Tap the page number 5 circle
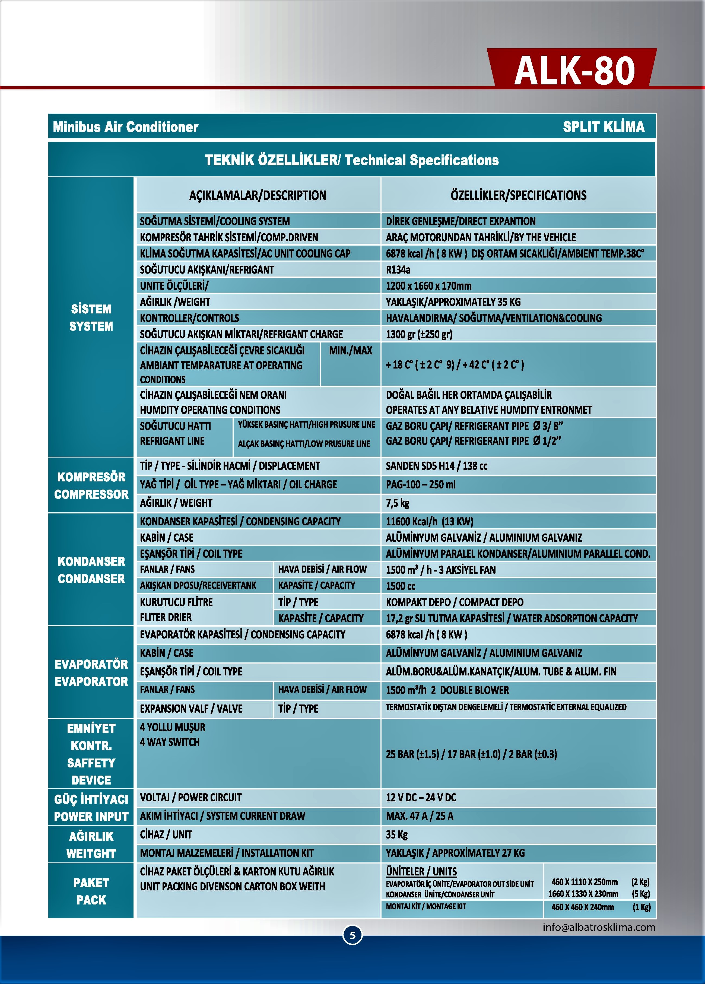point(352,935)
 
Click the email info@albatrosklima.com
point(599,927)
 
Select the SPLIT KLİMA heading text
point(604,127)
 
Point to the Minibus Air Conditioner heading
point(125,127)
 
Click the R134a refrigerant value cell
point(398,270)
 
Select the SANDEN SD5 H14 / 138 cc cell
point(436,466)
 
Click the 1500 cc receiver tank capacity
point(401,586)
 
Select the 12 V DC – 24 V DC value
point(421,798)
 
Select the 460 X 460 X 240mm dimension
point(582,907)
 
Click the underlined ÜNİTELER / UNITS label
point(421,872)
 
